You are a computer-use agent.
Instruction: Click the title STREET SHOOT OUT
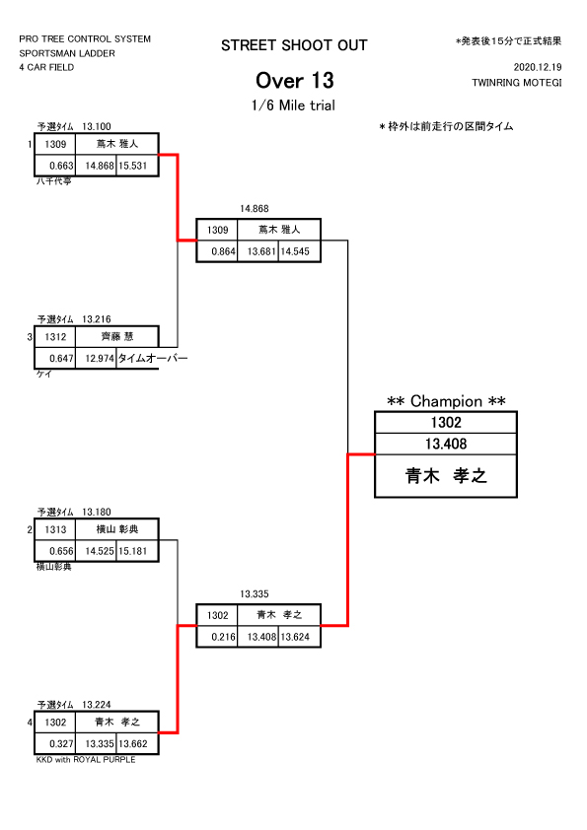(294, 45)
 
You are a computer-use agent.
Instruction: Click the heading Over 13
(295, 81)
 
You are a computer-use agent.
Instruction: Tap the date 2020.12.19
(538, 67)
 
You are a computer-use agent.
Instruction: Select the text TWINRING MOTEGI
(517, 83)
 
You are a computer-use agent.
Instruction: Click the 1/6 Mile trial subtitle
(293, 105)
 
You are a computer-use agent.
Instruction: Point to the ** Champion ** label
(446, 401)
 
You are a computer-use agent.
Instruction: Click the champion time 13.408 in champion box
(446, 444)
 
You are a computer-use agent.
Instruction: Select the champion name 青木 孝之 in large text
(446, 475)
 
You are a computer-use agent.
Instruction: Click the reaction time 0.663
(61, 166)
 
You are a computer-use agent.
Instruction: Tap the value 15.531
(132, 166)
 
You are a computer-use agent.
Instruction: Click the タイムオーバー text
(153, 359)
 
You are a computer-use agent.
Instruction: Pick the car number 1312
(55, 337)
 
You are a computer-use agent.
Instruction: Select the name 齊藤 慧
(117, 337)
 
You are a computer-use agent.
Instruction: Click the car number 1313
(55, 529)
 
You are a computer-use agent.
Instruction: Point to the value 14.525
(100, 551)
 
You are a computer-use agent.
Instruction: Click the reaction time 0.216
(224, 637)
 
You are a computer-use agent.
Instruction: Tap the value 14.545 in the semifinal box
(295, 251)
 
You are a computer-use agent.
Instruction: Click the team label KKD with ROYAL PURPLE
(86, 760)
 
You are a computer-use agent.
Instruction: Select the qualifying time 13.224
(97, 705)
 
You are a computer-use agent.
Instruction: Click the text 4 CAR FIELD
(46, 67)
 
